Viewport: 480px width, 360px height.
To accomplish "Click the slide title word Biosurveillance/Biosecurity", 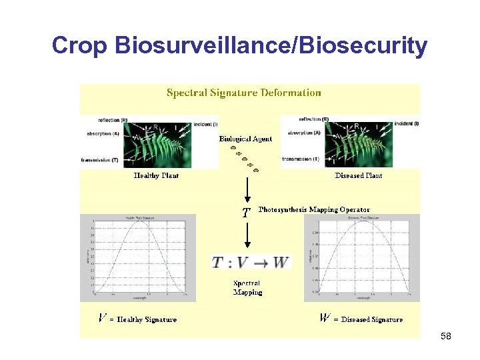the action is tap(271, 45).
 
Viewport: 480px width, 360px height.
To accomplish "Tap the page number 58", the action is tap(446, 337).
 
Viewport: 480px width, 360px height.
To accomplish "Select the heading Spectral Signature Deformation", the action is tap(243, 93).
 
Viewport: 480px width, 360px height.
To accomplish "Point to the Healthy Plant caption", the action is tap(156, 175).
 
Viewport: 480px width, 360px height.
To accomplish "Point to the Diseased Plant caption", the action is tap(358, 175).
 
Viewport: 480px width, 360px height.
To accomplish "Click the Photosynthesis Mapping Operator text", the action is tap(313, 210).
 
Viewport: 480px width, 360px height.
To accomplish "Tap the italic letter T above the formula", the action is tap(246, 213).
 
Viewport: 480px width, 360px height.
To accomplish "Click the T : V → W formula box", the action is tap(251, 262).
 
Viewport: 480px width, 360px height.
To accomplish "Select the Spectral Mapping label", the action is tap(247, 288).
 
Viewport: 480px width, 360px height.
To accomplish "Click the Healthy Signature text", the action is tap(147, 319).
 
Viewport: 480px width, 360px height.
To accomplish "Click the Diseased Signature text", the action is tap(368, 319).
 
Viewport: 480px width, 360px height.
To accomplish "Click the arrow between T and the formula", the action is tap(247, 235).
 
